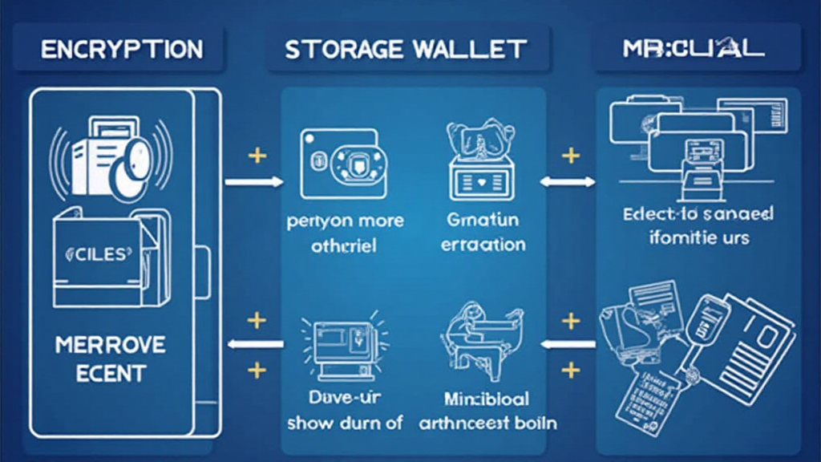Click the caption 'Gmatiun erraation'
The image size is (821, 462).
click(x=483, y=232)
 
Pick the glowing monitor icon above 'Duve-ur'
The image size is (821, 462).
click(x=341, y=345)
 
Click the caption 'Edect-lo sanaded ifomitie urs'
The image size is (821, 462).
click(x=698, y=226)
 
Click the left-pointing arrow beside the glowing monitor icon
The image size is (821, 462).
click(x=255, y=344)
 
